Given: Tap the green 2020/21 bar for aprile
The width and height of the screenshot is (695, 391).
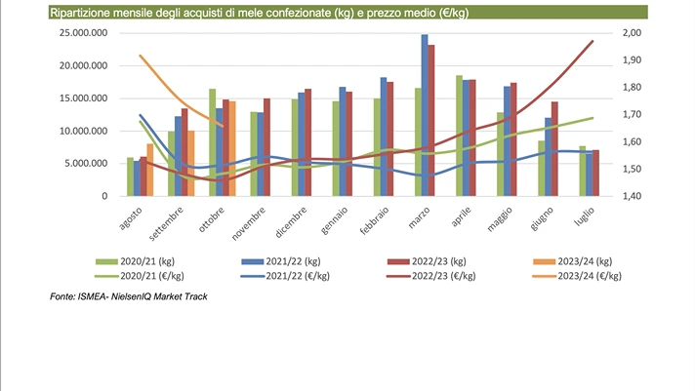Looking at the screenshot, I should (459, 136).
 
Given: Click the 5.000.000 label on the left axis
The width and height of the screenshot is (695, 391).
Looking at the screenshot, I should (86, 164).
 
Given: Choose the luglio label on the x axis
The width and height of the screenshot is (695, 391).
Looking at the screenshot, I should (584, 215).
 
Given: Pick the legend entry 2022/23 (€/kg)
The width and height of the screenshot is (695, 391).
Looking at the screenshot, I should (436, 276).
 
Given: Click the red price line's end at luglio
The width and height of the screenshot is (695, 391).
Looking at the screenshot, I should (593, 41).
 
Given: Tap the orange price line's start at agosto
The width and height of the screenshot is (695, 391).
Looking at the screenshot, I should (141, 56).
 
